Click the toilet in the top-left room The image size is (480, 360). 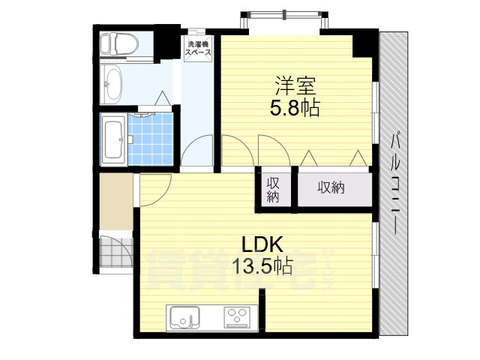118,44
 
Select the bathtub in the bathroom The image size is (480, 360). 114,139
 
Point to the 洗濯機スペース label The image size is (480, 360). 198,50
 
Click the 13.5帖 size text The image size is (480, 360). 262,266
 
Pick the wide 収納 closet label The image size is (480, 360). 330,188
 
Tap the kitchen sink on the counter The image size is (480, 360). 184,318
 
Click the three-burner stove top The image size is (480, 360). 239,318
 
